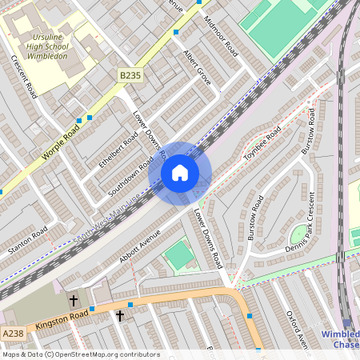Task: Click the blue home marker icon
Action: tap(180, 173)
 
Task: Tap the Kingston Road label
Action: tap(60, 322)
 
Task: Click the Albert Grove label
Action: tap(198, 68)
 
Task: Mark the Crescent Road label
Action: tap(24, 77)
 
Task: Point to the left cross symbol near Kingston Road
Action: tap(74, 301)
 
